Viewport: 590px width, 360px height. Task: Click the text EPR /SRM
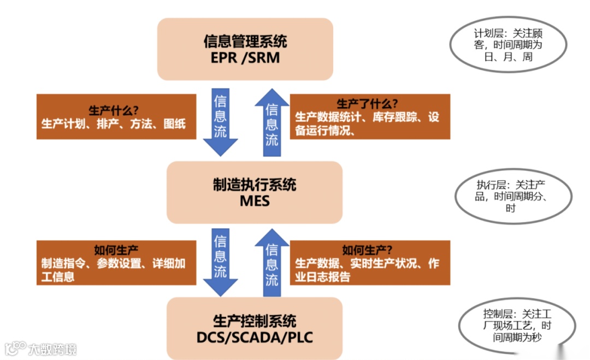click(245, 57)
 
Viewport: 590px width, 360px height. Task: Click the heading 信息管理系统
click(245, 41)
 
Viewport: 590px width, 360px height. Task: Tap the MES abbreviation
click(255, 200)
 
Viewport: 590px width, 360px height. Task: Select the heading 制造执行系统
click(255, 184)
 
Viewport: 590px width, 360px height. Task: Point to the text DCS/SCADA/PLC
click(255, 337)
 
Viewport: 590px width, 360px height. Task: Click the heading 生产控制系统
click(255, 321)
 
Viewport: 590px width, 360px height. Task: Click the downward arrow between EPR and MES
click(220, 123)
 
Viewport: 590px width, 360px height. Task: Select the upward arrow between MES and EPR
click(272, 123)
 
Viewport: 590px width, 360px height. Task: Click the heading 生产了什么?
click(367, 104)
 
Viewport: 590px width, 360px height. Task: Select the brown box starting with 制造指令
click(116, 262)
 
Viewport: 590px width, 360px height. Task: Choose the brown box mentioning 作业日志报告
click(370, 262)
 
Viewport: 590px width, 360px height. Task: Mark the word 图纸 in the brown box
click(174, 123)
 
